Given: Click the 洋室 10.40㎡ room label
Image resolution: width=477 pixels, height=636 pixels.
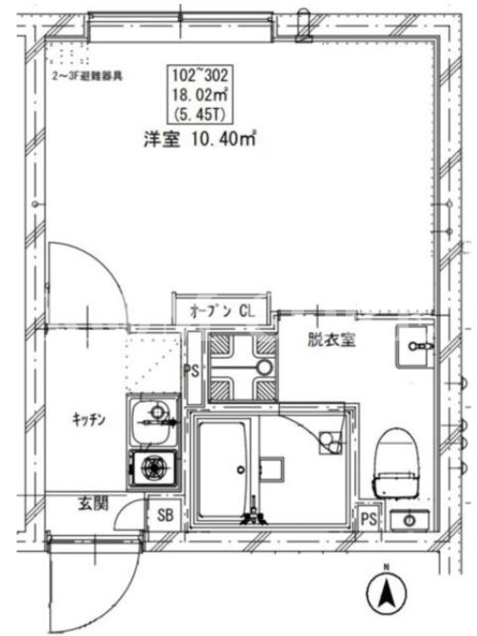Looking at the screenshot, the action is click(x=200, y=139).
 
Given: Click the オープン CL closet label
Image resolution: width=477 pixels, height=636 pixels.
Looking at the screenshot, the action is click(x=223, y=312).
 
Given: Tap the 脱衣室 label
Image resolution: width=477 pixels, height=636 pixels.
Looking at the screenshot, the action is click(x=332, y=339).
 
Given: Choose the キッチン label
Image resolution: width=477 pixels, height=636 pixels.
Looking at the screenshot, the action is click(x=89, y=419).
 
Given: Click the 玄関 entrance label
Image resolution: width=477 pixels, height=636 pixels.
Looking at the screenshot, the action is click(x=93, y=503).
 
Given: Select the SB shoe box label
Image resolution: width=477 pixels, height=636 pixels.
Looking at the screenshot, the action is click(x=165, y=515).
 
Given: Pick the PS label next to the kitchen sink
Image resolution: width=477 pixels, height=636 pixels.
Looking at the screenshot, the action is click(x=192, y=370).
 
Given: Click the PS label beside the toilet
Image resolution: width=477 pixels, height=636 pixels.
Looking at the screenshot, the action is click(x=368, y=519).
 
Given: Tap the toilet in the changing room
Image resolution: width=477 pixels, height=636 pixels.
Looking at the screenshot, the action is click(x=396, y=463).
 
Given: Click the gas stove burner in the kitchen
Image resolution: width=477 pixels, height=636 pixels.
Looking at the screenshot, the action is click(x=154, y=467).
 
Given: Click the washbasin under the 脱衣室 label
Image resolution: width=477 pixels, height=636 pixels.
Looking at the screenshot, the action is click(x=413, y=347).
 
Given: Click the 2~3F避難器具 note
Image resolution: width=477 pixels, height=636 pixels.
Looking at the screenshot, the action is click(x=87, y=76).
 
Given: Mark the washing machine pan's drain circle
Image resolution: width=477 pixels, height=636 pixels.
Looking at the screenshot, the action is click(x=265, y=367).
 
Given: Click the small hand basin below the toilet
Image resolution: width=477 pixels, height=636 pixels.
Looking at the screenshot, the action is click(x=409, y=520).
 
